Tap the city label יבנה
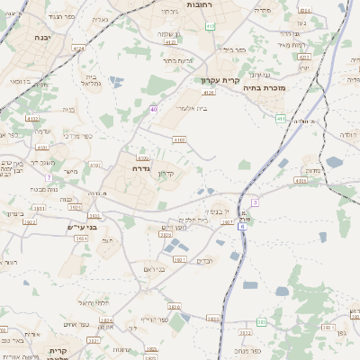point(43,38)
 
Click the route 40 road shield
point(154,110)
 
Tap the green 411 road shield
point(282,118)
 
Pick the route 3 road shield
point(255,202)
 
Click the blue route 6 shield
point(241,227)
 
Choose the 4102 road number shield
point(179,140)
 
